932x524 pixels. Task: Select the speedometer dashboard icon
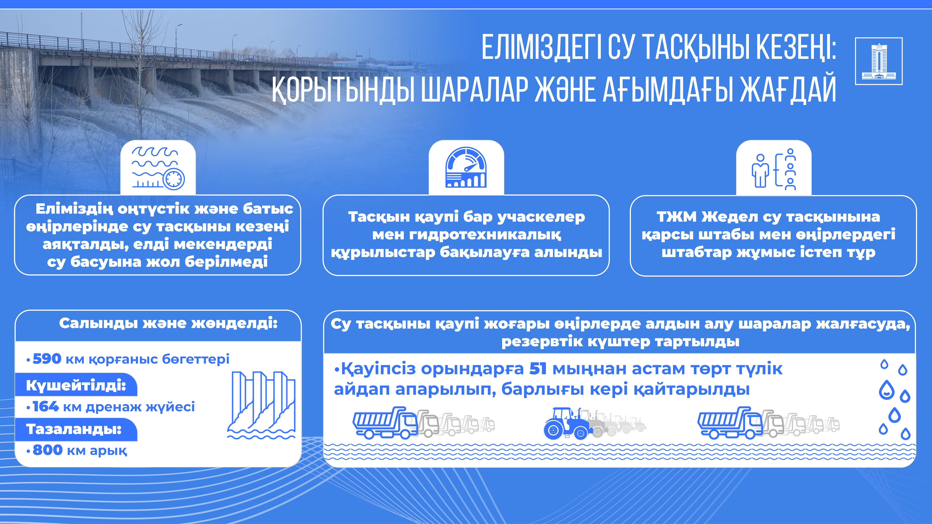(x=466, y=167)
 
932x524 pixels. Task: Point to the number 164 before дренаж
(x=46, y=406)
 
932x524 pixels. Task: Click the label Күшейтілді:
(x=76, y=386)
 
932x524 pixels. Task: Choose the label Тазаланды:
(x=74, y=429)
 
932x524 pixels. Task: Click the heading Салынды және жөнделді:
(x=168, y=323)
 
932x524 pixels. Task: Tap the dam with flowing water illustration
(x=261, y=405)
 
